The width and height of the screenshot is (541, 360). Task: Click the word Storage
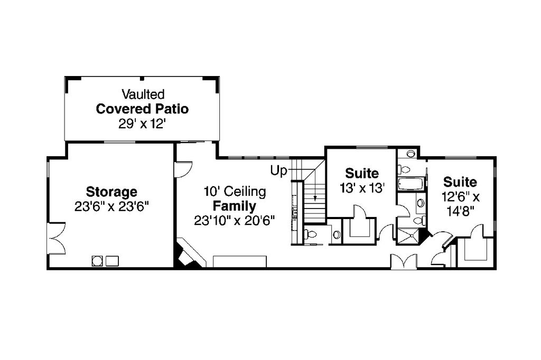[x=111, y=191]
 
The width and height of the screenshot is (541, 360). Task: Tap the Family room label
[x=234, y=206]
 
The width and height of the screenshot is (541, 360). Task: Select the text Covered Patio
[x=142, y=109]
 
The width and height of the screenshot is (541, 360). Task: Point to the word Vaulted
[x=143, y=94]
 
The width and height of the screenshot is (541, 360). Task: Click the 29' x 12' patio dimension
[x=143, y=124]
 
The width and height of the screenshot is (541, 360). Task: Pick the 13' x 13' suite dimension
[x=362, y=188]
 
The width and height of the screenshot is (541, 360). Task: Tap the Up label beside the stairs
[x=278, y=170]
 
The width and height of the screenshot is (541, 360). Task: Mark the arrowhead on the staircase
[x=315, y=200]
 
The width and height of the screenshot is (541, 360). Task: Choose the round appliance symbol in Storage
[x=97, y=260]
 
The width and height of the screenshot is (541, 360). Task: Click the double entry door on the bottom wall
[x=403, y=262]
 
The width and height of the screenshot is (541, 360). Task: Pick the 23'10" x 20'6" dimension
[x=234, y=221]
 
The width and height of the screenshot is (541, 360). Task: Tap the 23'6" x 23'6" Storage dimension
[x=111, y=206]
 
